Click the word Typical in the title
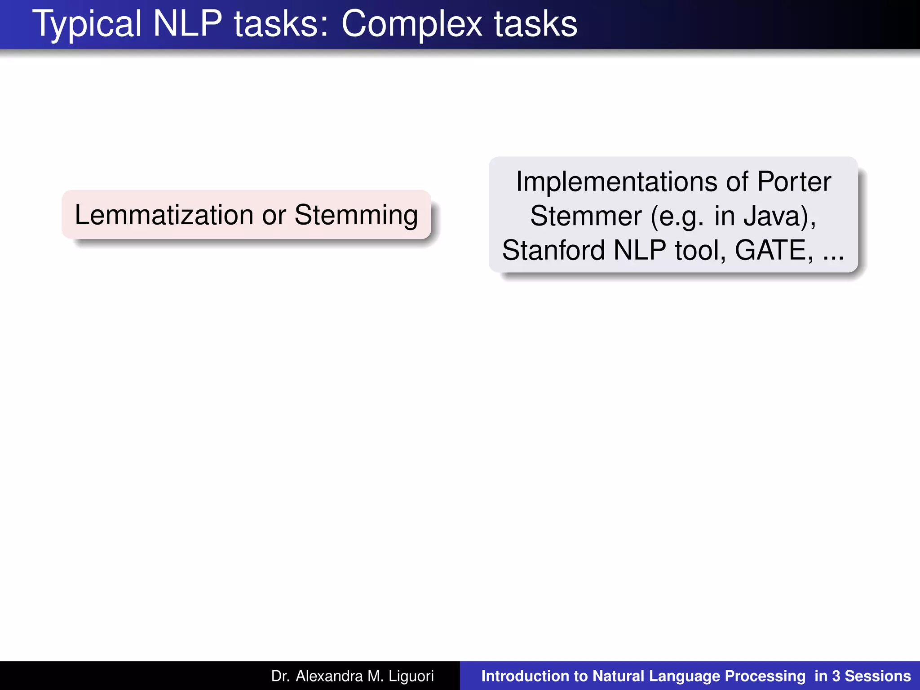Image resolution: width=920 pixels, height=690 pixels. [87, 24]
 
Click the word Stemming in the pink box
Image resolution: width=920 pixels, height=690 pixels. [356, 215]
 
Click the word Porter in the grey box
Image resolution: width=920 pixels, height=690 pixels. [794, 182]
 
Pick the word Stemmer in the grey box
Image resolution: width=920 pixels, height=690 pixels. [585, 216]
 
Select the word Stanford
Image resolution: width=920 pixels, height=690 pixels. [553, 250]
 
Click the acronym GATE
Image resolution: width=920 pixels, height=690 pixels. [774, 250]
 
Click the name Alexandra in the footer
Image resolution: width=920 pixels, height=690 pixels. [329, 676]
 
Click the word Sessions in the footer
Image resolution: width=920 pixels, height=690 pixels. [878, 676]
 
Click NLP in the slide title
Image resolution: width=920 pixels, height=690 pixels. [188, 24]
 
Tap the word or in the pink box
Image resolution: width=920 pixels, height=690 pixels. [274, 215]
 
